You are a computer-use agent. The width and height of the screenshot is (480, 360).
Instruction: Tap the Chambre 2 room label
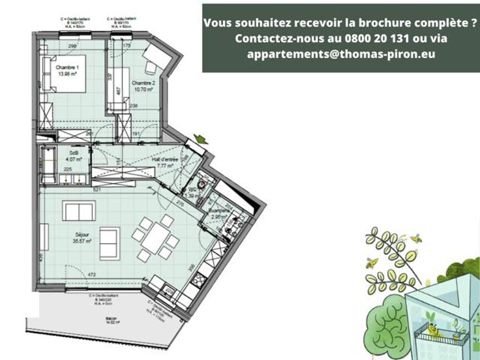(x=143, y=84)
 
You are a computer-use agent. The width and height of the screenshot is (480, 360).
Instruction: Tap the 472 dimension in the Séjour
(x=92, y=275)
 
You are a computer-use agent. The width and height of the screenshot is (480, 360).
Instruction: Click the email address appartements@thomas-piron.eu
(x=341, y=54)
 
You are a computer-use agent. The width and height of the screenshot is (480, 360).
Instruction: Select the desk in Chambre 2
(x=157, y=59)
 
